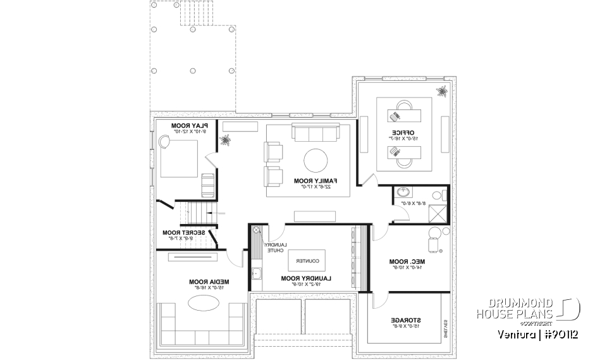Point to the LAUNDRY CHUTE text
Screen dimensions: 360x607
coord(275,248)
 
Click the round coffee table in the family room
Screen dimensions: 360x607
coord(316,161)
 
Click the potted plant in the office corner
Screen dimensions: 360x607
coord(441,92)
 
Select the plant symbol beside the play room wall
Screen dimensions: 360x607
coord(225,140)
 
